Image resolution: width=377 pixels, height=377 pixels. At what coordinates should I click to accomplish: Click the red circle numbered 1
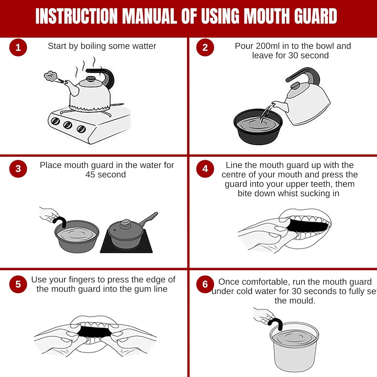click(18, 47)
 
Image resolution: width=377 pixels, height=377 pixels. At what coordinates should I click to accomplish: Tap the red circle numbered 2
click(205, 47)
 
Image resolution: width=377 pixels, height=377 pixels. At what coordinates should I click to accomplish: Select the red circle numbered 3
click(18, 169)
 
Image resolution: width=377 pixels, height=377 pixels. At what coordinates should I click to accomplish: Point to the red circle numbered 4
click(205, 169)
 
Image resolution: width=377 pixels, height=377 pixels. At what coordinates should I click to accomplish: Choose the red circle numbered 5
click(18, 284)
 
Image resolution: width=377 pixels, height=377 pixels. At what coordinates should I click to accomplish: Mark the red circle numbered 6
click(205, 284)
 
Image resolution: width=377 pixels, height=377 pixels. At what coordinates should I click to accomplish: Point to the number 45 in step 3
click(90, 175)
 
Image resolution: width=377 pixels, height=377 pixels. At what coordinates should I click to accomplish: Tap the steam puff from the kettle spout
click(50, 76)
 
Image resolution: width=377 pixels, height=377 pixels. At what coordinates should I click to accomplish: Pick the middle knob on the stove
click(68, 125)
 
